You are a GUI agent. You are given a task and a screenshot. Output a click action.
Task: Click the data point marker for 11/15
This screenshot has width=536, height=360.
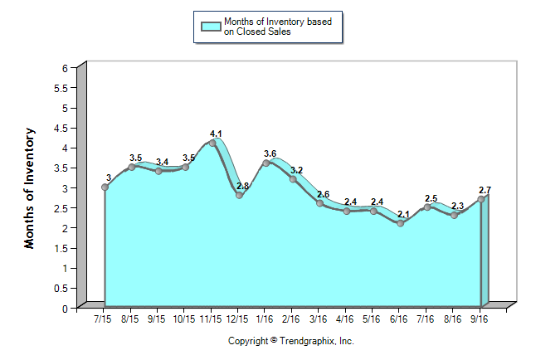point(212,143)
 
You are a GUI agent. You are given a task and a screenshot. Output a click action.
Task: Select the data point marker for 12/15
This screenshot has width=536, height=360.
point(239,195)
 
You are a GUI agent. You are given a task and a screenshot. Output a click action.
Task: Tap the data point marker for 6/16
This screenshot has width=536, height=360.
point(401,223)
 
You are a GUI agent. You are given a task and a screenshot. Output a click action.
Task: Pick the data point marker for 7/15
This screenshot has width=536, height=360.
point(105,187)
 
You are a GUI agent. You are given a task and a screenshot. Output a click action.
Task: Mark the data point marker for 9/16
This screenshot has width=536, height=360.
point(481,199)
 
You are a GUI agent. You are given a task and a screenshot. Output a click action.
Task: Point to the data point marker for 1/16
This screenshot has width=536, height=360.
point(266,163)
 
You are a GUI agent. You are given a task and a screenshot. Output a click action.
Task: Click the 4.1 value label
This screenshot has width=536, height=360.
point(216,134)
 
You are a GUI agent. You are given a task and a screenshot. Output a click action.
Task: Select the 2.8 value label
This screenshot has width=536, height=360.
point(242,186)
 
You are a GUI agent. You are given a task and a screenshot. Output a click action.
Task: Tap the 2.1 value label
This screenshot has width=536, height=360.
point(403,214)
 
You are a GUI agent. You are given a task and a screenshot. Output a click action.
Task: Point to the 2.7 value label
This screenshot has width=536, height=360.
point(485,190)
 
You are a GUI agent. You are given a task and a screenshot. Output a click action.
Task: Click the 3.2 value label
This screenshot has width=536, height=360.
point(296,170)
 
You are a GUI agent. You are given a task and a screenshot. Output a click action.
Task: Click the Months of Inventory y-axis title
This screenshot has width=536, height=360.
point(30,187)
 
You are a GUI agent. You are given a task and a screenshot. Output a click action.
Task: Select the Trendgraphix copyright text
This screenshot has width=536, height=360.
point(291,341)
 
